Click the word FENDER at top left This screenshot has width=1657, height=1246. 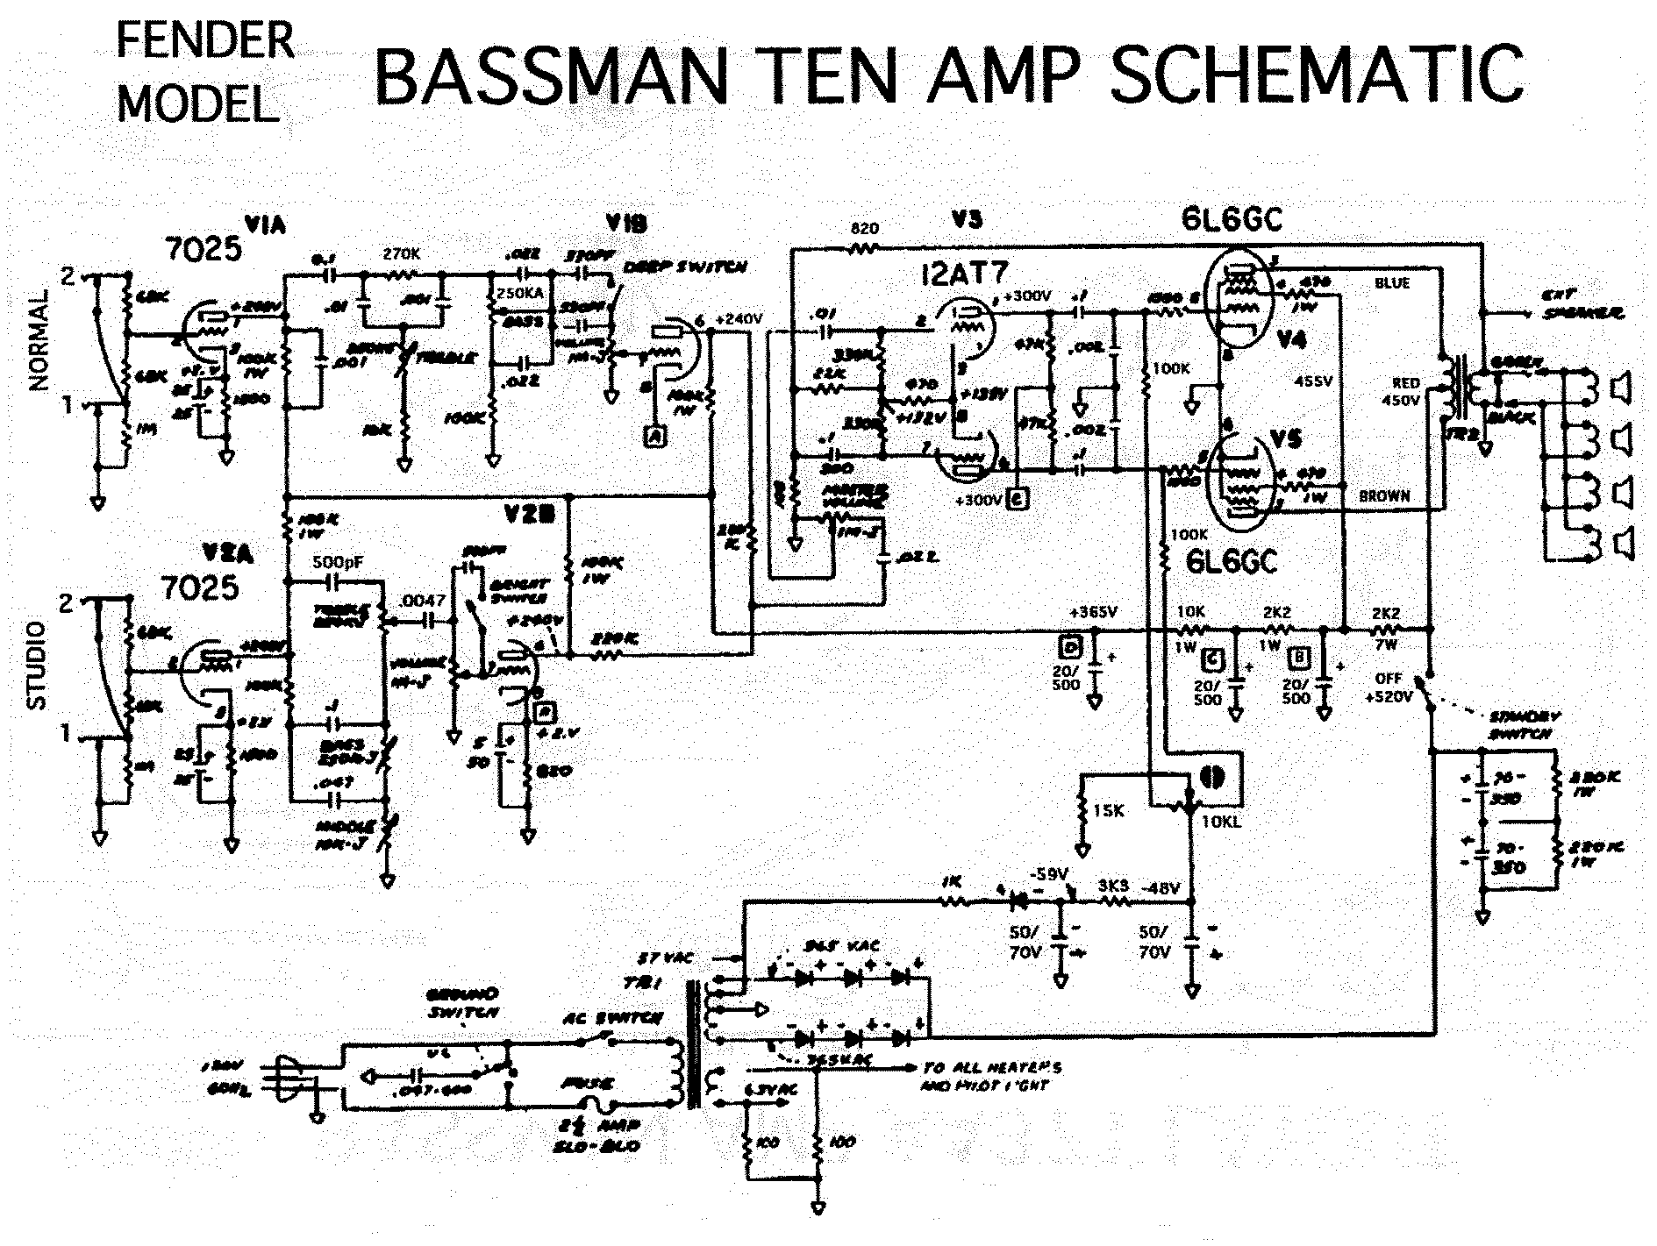pos(204,42)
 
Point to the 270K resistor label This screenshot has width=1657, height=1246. pos(402,254)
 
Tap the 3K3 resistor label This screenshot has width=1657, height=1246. pos(1113,886)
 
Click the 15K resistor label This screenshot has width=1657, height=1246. pos(1110,811)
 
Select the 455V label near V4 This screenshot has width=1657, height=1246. pos(1313,381)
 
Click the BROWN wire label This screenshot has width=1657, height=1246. pos(1384,496)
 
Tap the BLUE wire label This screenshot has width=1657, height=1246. pos(1392,283)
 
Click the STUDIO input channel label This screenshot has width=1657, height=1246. pos(37,666)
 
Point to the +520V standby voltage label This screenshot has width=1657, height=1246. pos(1389,697)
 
